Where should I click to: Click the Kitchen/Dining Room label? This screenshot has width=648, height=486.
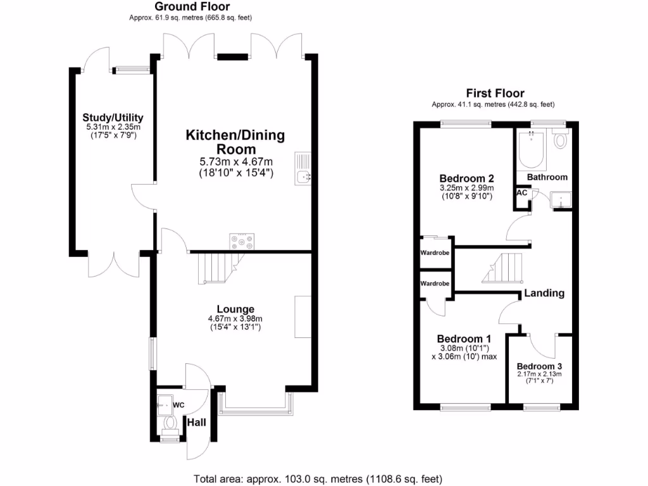235,142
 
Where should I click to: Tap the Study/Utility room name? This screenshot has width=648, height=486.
113,118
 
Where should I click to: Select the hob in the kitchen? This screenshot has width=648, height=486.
242,242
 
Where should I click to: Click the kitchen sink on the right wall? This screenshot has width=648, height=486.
302,171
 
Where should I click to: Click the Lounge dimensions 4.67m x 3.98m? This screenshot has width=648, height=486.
235,319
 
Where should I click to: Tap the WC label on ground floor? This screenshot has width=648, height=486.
178,404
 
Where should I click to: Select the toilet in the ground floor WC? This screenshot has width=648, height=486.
169,422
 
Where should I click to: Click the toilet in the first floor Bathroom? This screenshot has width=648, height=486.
560,139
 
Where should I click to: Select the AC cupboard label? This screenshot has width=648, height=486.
523,193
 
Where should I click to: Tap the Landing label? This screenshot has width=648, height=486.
544,293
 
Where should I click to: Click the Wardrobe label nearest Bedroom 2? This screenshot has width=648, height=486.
435,253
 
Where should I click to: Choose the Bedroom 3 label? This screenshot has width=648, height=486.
539,366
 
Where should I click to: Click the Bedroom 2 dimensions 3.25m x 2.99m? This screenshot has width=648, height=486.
466,188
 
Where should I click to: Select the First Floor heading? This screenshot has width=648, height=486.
495,94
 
